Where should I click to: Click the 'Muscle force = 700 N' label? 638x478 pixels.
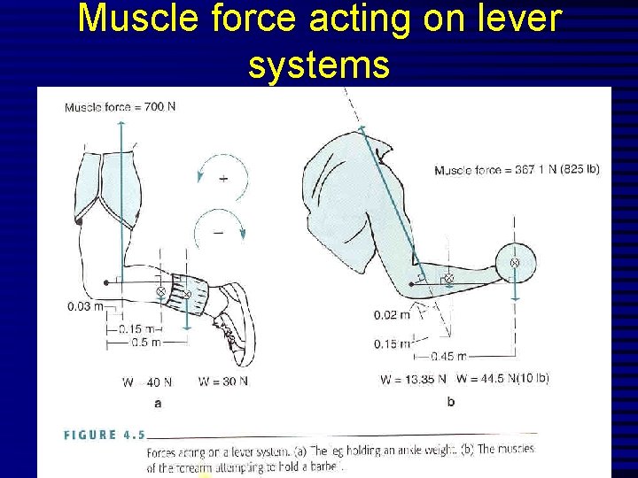pos(120,107)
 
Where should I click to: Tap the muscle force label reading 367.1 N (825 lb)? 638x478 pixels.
pos(517,170)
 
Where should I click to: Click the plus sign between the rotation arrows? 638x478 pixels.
pos(222,178)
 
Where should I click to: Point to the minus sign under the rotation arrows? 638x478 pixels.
pos(218,233)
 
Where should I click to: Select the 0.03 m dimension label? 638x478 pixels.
pos(84,307)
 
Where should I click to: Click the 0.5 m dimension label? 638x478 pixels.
pos(146,342)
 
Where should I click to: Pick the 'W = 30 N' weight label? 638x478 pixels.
pos(223,382)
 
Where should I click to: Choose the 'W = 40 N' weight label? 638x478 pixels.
pos(147,382)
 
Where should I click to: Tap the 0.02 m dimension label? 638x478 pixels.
pos(392,314)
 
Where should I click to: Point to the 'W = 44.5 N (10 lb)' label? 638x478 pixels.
pos(502,378)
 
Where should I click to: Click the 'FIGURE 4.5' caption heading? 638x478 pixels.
pos(105,435)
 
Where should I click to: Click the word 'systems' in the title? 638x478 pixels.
pos(319,64)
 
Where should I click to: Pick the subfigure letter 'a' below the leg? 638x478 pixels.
pos(158,403)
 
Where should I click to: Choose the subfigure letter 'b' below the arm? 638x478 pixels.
pos(450,401)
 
